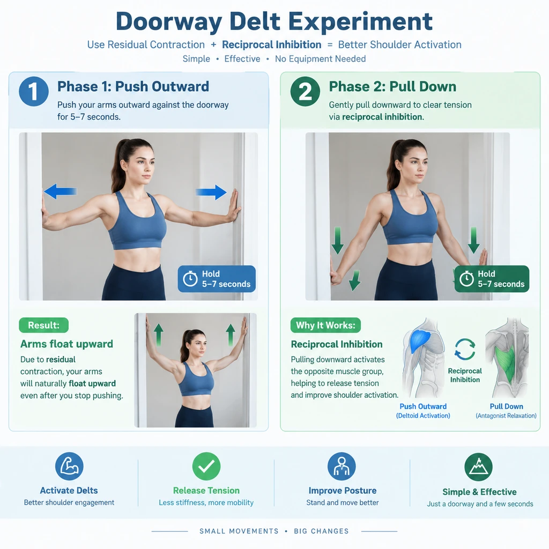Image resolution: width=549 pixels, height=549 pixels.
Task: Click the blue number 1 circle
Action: [34, 91]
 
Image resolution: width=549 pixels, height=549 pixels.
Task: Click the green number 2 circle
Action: [305, 91]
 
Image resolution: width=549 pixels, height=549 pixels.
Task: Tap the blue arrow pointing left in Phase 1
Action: [60, 191]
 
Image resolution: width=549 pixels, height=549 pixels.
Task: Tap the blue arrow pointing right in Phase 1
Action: [211, 192]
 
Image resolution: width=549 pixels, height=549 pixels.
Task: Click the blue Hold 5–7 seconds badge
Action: [217, 279]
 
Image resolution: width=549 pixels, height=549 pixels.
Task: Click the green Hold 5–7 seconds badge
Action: [492, 279]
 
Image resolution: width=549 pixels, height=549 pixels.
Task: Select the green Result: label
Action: [44, 325]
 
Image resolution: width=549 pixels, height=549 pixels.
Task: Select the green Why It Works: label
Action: [325, 325]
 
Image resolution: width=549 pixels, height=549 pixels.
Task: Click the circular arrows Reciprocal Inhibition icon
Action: [465, 349]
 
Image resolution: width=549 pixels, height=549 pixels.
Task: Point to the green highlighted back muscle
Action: [506, 363]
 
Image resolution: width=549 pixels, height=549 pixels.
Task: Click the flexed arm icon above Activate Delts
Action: [69, 466]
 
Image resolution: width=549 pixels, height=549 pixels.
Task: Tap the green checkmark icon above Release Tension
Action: [206, 466]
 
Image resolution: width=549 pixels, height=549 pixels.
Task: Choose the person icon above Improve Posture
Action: [342, 466]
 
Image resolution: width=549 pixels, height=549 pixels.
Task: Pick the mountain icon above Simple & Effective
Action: [479, 467]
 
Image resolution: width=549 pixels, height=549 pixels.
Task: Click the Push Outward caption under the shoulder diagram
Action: [423, 406]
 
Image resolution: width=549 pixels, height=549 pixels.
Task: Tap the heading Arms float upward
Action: [66, 344]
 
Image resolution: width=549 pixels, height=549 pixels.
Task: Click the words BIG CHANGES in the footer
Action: [322, 531]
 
